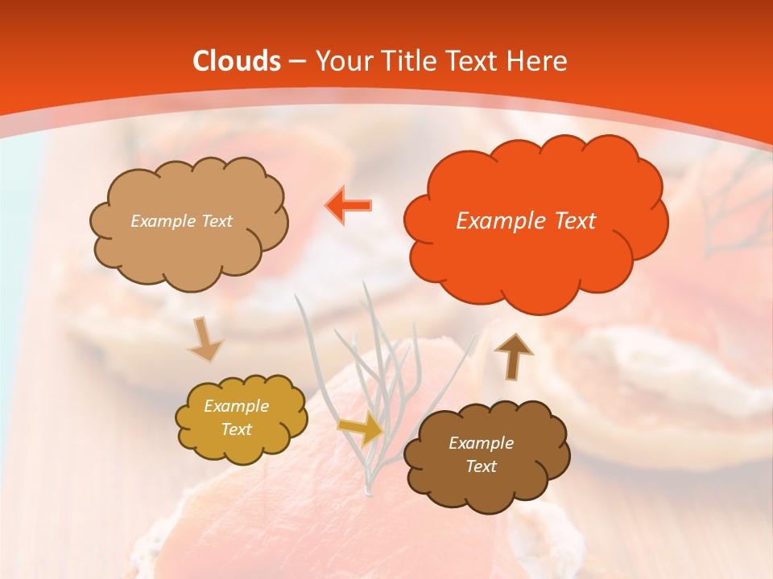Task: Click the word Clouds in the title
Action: click(237, 61)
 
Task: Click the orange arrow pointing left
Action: click(349, 205)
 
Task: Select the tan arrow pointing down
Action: click(205, 340)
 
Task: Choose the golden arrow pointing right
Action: click(361, 429)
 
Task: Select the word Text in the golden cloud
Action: click(237, 429)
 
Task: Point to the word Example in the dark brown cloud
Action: click(481, 443)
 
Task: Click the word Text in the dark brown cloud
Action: click(481, 466)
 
